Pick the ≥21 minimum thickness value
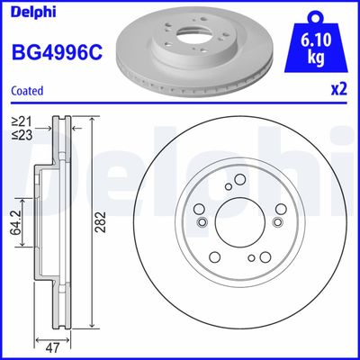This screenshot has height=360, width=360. (x=20, y=121)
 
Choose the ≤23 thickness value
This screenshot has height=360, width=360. (x=20, y=135)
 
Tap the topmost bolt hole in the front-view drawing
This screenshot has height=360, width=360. (x=238, y=186)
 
